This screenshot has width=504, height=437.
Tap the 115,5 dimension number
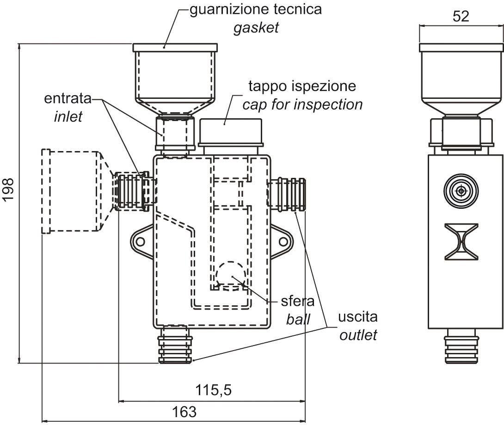212,390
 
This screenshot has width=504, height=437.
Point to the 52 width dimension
461,17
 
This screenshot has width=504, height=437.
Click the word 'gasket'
256,28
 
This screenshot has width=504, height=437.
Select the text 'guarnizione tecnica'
256,10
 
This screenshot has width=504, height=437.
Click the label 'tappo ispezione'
302,86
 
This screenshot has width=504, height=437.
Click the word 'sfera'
298,302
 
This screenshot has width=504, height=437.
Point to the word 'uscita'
357,317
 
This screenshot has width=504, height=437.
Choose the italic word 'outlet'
358,334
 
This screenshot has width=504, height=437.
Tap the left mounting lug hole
140,241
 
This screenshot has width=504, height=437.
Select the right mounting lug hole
283,241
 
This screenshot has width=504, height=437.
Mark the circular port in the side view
461,190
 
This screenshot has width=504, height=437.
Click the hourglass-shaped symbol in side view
461,241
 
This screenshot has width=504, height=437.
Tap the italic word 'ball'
298,319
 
